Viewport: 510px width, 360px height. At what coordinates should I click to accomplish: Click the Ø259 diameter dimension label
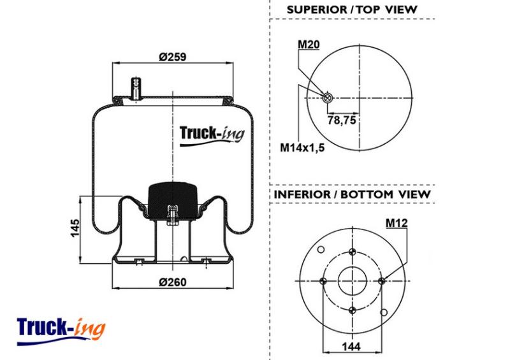click(x=173, y=57)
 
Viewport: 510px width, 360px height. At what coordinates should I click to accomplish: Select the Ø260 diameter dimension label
click(x=173, y=282)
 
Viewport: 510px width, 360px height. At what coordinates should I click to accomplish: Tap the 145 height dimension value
click(x=75, y=228)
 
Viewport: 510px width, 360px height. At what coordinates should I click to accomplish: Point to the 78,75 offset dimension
click(x=342, y=120)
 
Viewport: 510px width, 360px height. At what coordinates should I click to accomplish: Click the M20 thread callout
click(x=309, y=44)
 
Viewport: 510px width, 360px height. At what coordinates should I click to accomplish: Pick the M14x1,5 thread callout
click(x=302, y=148)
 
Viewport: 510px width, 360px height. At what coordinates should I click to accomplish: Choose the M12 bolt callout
click(x=397, y=223)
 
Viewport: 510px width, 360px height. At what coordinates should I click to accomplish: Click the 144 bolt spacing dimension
click(x=351, y=347)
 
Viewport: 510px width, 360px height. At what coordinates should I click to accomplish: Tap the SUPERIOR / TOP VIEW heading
click(x=352, y=10)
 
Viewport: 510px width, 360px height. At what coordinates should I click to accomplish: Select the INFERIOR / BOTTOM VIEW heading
click(x=353, y=194)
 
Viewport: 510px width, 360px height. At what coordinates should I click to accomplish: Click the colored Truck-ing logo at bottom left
click(x=61, y=331)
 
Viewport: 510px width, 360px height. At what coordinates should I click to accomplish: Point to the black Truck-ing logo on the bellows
click(x=212, y=134)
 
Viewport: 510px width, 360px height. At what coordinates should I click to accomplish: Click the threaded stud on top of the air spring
click(x=135, y=89)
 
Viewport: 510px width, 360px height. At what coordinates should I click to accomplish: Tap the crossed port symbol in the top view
click(x=327, y=97)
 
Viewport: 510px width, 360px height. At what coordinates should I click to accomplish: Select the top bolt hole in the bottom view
click(x=353, y=252)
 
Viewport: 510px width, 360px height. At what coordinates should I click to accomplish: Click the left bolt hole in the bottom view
click(x=323, y=281)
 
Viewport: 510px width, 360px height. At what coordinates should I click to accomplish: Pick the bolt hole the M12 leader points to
click(x=382, y=281)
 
